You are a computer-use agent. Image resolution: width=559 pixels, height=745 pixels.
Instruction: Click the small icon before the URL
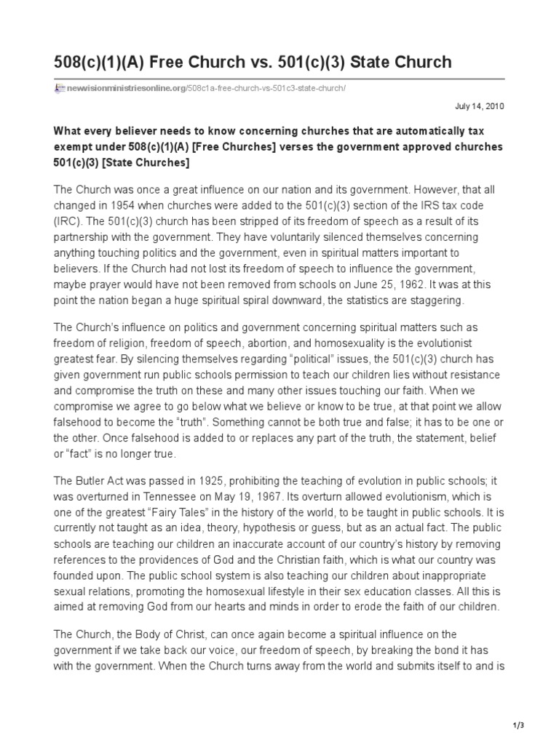pos(60,88)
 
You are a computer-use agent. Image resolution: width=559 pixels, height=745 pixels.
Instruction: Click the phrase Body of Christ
pos(162,635)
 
